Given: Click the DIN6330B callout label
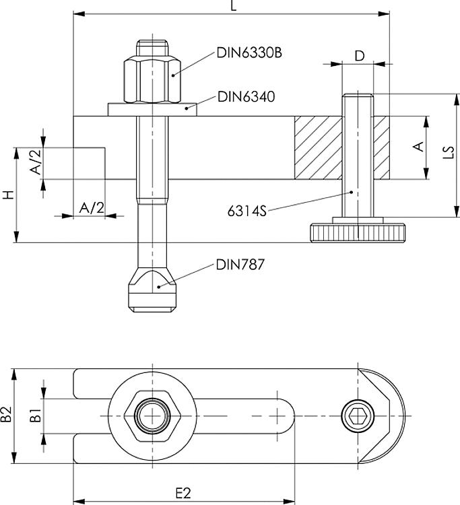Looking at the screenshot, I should (x=249, y=52).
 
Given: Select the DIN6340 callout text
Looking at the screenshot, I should (x=246, y=97).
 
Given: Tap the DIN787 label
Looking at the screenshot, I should (x=240, y=265).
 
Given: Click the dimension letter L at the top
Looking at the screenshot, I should (x=234, y=6).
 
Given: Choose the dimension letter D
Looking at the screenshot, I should (x=359, y=56).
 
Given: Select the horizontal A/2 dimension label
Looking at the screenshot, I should (x=92, y=207).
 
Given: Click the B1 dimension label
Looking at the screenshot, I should (x=37, y=415).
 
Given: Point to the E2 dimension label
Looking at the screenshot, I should (x=183, y=494).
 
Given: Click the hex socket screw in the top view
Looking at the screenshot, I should (x=355, y=415).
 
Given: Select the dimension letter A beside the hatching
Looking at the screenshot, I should (x=417, y=147).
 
